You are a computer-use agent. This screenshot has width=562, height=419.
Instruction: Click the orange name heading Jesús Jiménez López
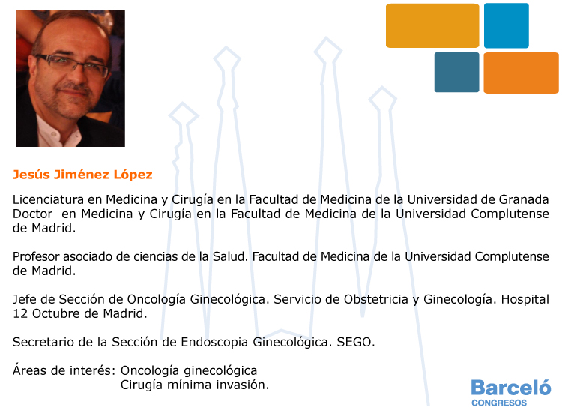click(82, 175)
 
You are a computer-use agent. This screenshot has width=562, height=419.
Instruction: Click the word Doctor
click(33, 214)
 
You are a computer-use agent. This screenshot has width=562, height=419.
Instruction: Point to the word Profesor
click(36, 256)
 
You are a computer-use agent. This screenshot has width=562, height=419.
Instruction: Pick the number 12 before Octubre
click(20, 313)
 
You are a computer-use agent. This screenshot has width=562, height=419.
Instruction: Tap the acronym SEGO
click(355, 343)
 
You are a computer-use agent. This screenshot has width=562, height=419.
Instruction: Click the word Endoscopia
click(214, 343)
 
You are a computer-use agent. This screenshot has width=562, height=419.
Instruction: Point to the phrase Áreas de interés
click(64, 370)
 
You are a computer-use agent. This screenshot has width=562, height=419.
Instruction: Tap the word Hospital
click(525, 299)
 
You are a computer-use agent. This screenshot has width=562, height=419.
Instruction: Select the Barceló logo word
click(511, 388)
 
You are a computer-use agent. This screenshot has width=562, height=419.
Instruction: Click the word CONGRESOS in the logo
click(499, 403)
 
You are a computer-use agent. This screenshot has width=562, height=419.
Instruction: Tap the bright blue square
click(507, 25)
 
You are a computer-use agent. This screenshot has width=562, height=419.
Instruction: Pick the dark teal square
click(456, 73)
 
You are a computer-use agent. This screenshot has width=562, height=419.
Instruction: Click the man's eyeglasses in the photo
click(72, 64)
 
